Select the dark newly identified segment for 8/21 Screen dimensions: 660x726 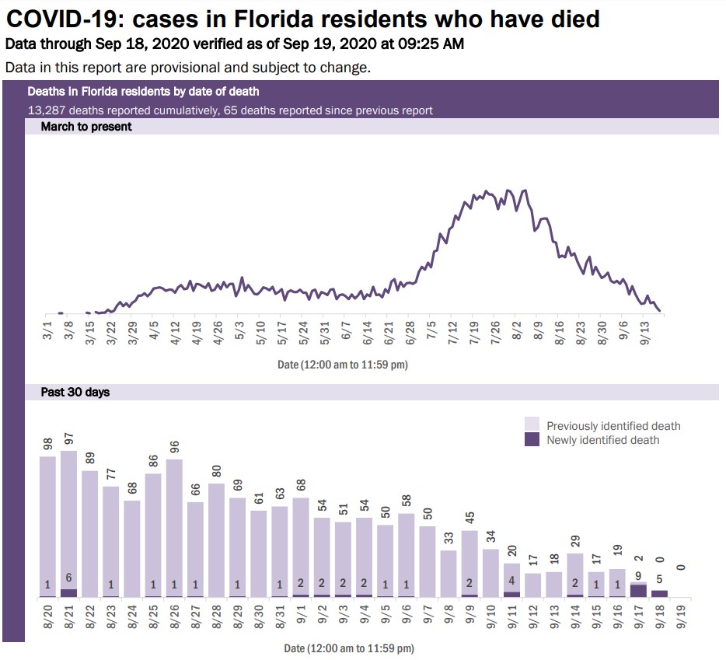coord(69,593)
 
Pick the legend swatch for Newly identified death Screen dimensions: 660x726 coord(532,440)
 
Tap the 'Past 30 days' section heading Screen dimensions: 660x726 coord(75,393)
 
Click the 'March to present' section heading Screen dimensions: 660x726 coord(86,127)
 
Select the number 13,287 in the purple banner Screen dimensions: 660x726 coord(46,110)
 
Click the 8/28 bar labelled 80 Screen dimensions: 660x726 coord(217,540)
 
